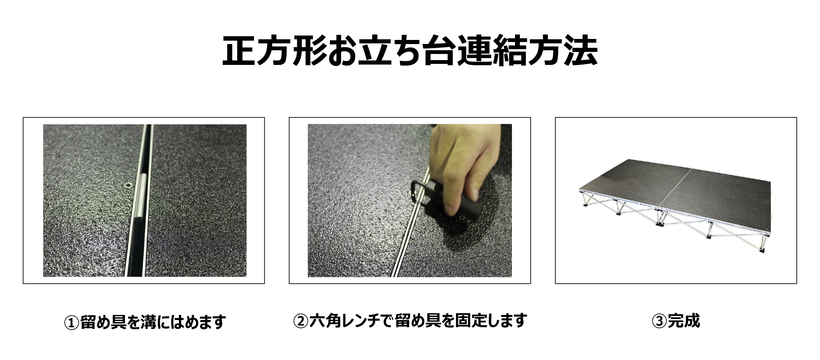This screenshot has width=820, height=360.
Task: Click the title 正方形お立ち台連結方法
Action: (x=409, y=50)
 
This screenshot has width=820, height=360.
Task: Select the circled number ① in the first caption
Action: (x=72, y=322)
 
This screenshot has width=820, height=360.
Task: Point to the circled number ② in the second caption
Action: (x=301, y=320)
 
